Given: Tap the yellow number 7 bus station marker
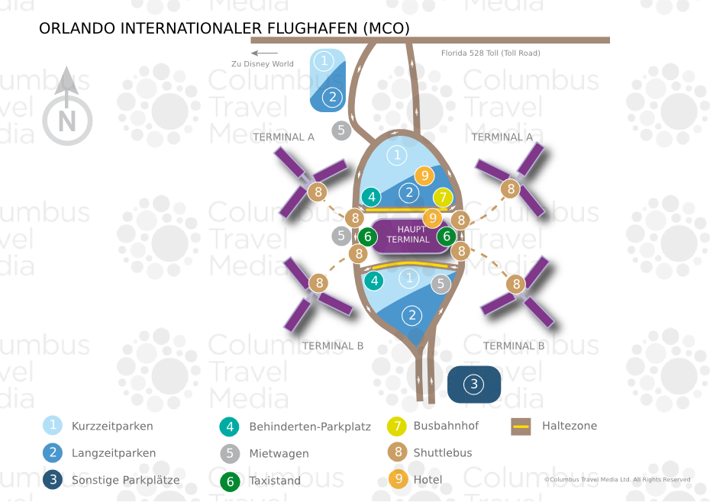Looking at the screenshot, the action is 443,198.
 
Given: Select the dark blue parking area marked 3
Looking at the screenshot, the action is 474,385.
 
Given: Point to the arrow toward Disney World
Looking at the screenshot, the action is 264,53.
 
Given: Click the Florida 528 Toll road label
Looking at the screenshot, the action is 490,53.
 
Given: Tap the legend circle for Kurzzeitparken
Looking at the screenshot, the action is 53,426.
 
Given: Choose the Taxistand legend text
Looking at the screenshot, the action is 275,481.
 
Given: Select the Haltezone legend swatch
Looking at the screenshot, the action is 521,426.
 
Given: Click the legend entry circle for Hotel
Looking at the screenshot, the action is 399,479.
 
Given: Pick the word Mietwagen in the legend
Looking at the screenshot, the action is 279,454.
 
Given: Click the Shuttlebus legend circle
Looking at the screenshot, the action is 398,452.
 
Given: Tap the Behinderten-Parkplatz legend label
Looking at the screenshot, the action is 310,426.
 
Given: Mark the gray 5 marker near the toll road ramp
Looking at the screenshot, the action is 341,130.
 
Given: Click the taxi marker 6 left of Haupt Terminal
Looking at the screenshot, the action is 368,237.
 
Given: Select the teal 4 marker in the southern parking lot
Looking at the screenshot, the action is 374,281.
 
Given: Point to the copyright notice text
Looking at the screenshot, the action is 617,479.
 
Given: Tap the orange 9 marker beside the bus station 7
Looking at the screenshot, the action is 424,175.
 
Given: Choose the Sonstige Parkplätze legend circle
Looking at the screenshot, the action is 53,479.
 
